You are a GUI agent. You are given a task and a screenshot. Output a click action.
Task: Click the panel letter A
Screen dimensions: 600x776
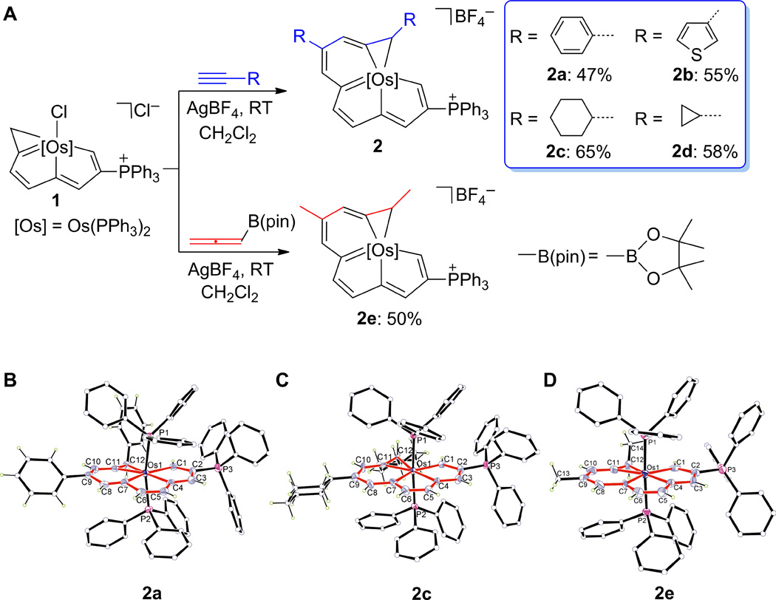click(x=10, y=12)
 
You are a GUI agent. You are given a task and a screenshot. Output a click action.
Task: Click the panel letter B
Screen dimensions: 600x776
click(x=10, y=384)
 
